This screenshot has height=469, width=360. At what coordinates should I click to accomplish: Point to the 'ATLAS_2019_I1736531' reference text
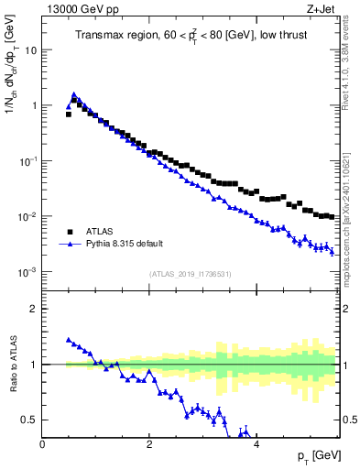[x=191, y=274]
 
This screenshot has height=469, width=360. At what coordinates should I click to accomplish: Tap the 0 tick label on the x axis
[x=42, y=444]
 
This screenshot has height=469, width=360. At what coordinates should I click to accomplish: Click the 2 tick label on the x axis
[x=149, y=444]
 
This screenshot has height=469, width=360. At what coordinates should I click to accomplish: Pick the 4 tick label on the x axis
[x=256, y=444]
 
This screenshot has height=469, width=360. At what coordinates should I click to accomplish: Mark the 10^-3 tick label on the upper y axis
[x=27, y=272]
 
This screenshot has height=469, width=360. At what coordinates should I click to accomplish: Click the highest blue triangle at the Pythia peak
[x=74, y=94]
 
